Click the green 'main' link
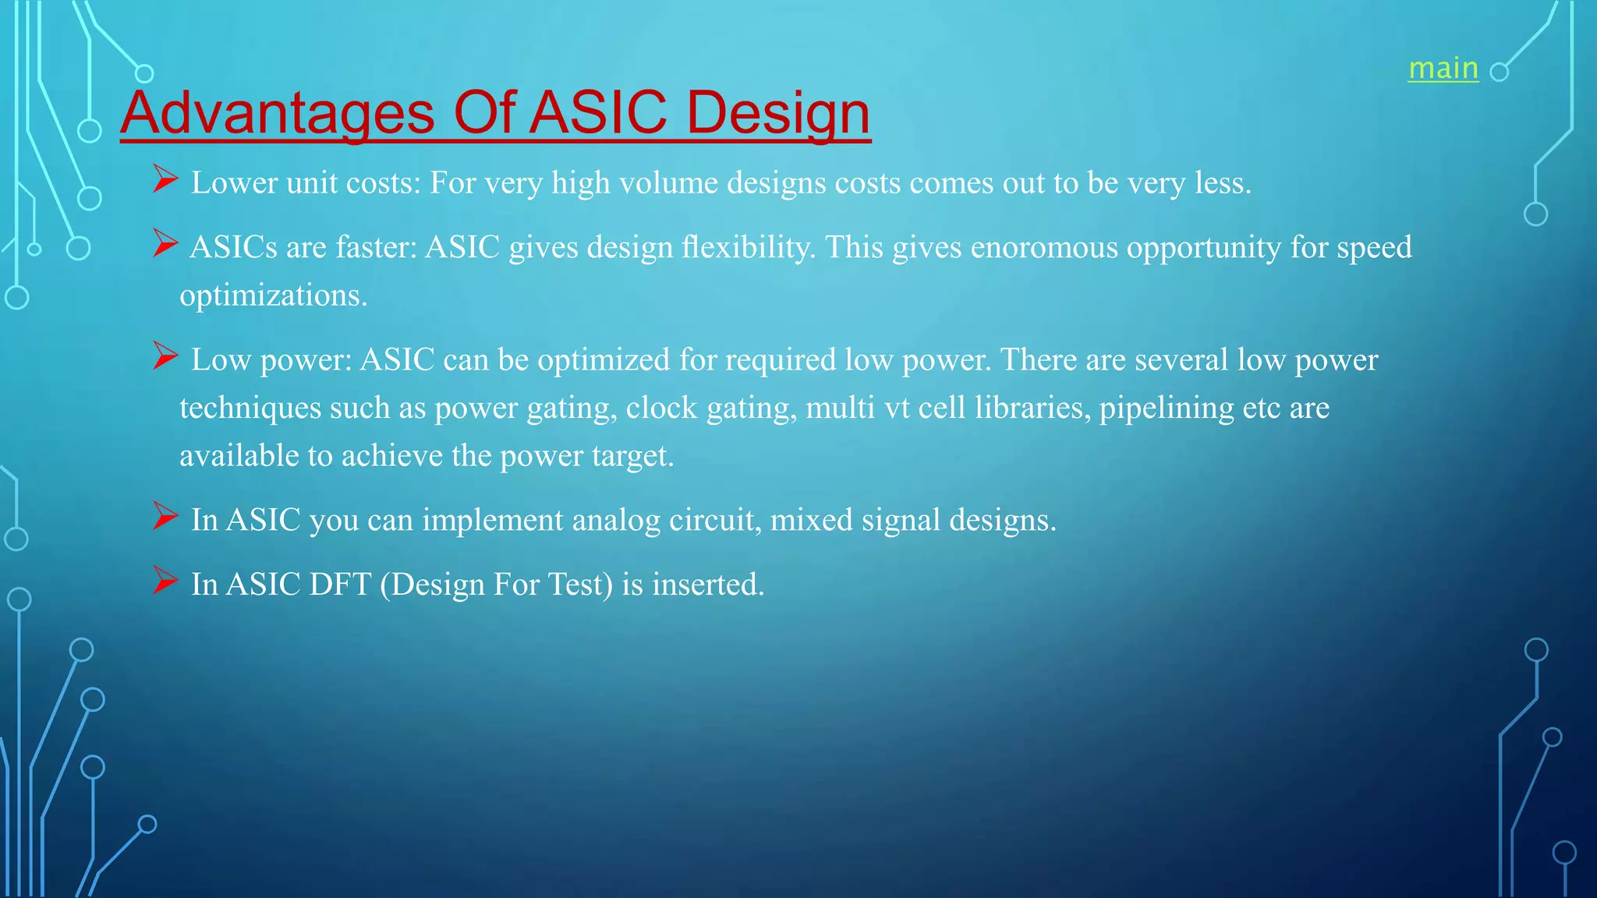pos(1443,69)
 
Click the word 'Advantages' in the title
pos(277,112)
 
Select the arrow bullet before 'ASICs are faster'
pos(165,243)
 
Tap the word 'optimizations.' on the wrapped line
pos(273,295)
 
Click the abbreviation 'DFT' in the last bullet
pos(340,585)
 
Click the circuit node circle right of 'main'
pos(1499,72)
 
